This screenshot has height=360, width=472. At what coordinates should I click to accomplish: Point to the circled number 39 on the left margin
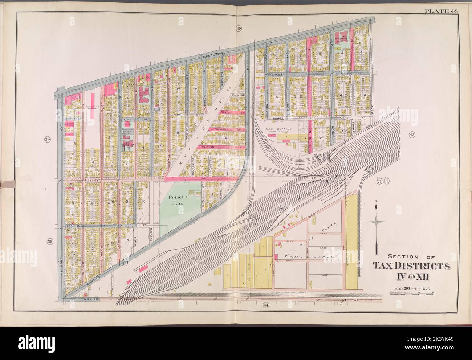(x=47, y=140)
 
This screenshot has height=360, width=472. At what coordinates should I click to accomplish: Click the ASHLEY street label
(x=279, y=74)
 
